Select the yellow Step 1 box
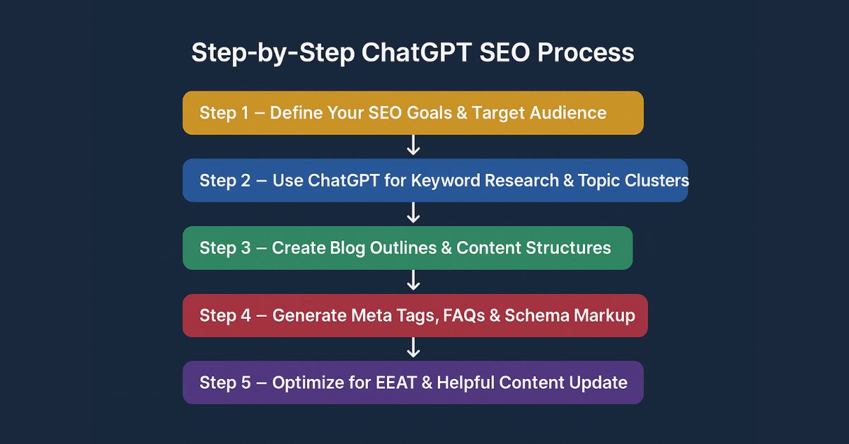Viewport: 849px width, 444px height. pos(412,113)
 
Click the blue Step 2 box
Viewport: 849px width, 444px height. pos(434,180)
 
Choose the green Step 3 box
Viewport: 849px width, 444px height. pos(407,248)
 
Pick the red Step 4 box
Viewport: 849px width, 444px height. pos(415,315)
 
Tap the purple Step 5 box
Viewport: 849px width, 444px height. pos(412,382)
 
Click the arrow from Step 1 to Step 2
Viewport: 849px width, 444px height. pos(414,146)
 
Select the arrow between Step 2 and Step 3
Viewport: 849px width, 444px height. pos(414,213)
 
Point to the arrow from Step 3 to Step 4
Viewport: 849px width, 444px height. pos(414,281)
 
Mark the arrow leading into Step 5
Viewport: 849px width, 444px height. pos(414,348)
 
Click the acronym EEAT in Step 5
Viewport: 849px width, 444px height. pos(400,382)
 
